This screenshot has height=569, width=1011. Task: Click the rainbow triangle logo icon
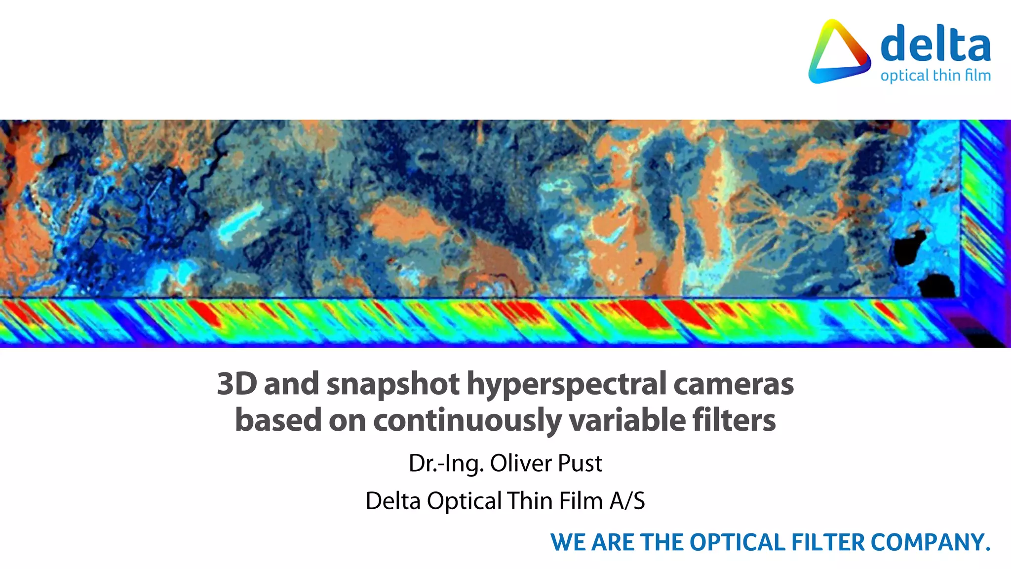[x=839, y=52]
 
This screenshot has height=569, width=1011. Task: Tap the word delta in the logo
[x=935, y=44]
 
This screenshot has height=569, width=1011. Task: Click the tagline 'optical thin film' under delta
[x=935, y=76]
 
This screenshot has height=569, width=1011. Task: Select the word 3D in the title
[x=237, y=384]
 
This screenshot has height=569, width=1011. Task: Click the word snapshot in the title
[x=393, y=384]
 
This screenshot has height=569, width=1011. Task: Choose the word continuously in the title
[x=467, y=420]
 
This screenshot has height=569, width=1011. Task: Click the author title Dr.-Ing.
[x=446, y=463]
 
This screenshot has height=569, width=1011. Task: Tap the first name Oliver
[x=521, y=463]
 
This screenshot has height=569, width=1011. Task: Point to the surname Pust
[x=580, y=463]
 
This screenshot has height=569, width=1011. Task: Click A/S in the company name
[x=627, y=501]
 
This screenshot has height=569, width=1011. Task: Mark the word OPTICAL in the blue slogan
[x=737, y=542]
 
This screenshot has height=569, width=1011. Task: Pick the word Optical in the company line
[x=464, y=501]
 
